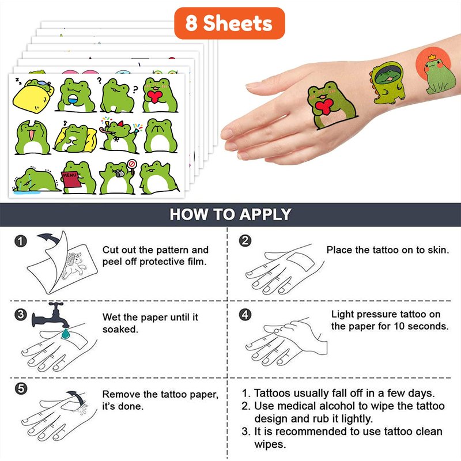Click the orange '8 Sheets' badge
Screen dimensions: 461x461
coord(229,23)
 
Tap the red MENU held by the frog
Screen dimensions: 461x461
coord(71,179)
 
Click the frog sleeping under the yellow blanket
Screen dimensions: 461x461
coord(33,96)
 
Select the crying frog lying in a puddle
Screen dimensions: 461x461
coord(36,180)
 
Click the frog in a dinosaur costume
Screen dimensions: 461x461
coord(387,83)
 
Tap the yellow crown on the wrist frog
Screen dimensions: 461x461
coord(432,56)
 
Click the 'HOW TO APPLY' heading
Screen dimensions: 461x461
coord(230,214)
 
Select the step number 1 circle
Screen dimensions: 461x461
coord(21,241)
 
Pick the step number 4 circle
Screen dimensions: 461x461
coord(245,315)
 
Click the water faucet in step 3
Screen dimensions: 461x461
coord(51,315)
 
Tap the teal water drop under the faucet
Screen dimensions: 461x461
coord(65,334)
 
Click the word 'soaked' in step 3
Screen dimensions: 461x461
coord(119,329)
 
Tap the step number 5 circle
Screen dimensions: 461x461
coord(21,388)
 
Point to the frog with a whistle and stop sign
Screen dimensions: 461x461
coord(118,177)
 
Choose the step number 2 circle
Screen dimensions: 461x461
coord(245,241)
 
